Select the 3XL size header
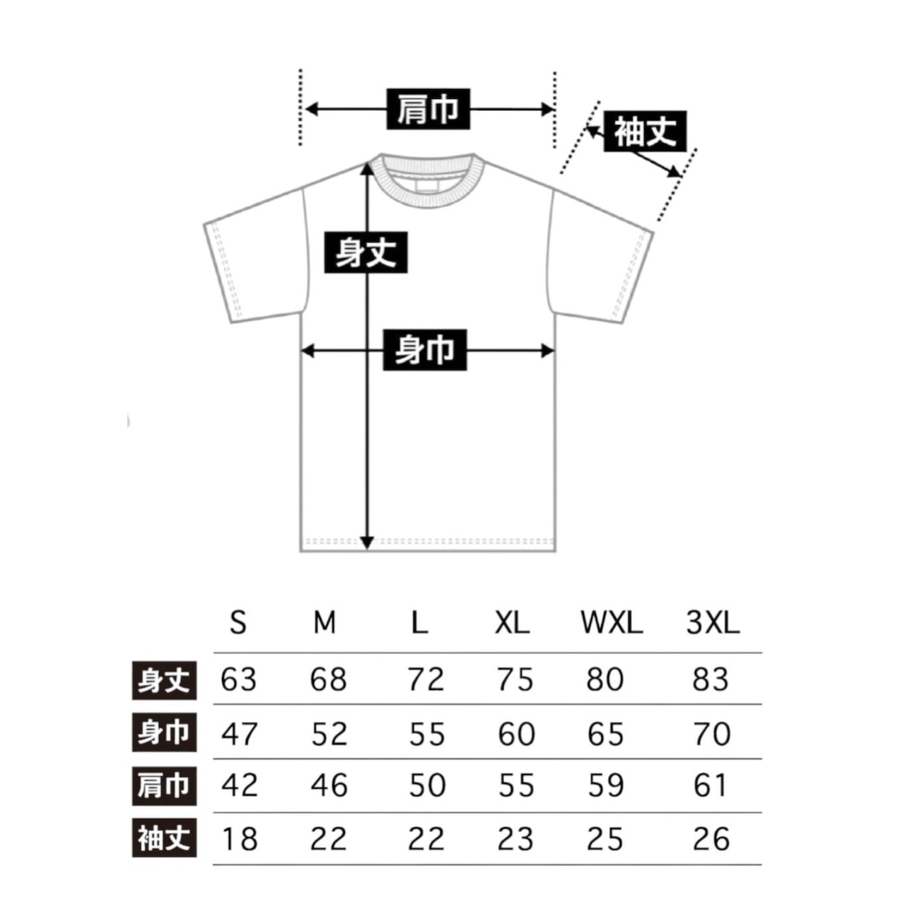(x=712, y=623)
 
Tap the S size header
(x=238, y=623)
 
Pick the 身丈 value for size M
(x=328, y=679)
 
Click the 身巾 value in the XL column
(x=516, y=734)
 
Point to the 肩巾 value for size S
(x=240, y=785)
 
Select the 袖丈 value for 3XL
(x=711, y=839)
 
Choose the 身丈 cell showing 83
(x=710, y=679)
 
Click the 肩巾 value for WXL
(x=606, y=785)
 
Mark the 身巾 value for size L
(x=426, y=734)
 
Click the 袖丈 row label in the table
(x=164, y=839)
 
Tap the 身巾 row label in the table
(x=164, y=732)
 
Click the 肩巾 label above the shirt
(x=428, y=109)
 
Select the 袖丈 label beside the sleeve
(x=645, y=132)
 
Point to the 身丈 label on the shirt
(x=366, y=252)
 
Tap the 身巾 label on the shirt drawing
(x=424, y=350)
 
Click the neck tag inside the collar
(x=426, y=186)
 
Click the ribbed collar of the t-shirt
(x=426, y=199)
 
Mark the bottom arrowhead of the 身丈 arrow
(x=367, y=544)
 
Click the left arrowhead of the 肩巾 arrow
(x=311, y=109)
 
